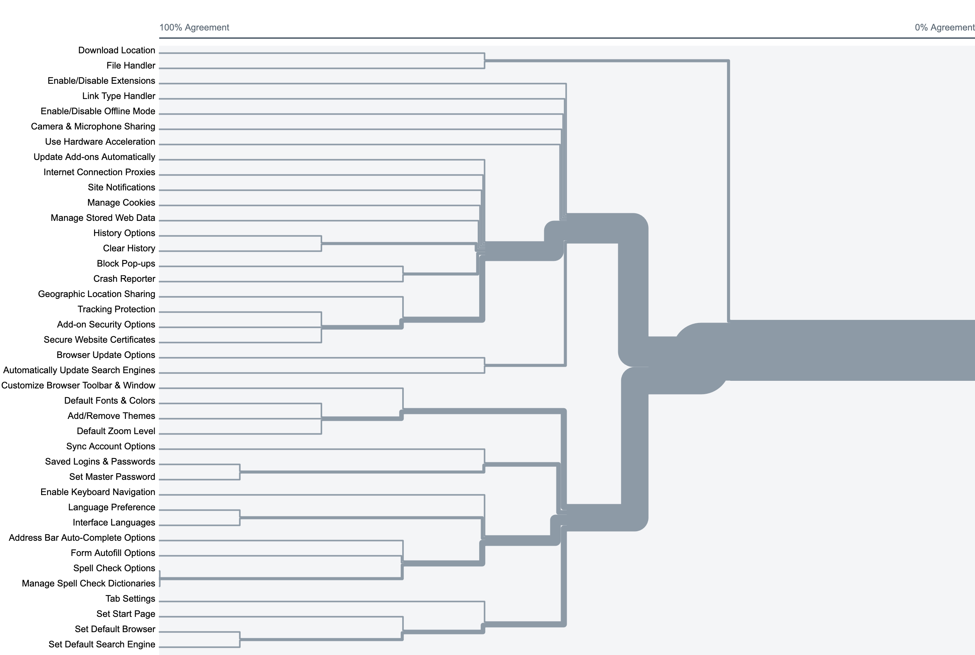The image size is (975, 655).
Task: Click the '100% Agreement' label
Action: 194,27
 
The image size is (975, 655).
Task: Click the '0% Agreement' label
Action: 944,27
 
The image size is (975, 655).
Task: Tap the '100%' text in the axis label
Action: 171,27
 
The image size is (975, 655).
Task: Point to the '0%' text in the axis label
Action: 921,27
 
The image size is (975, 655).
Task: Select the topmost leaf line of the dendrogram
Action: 322,53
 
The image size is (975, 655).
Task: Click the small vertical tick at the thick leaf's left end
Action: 160,578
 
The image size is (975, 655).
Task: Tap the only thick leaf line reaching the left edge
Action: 280,578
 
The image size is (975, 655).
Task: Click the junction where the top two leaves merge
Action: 484,61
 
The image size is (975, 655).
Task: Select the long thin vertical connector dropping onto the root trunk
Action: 729,188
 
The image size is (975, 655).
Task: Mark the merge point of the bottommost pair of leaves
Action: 240,639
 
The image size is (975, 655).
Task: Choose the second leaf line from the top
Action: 322,68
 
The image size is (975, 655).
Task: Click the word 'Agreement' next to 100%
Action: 207,27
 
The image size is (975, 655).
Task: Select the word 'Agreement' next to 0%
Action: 953,27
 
